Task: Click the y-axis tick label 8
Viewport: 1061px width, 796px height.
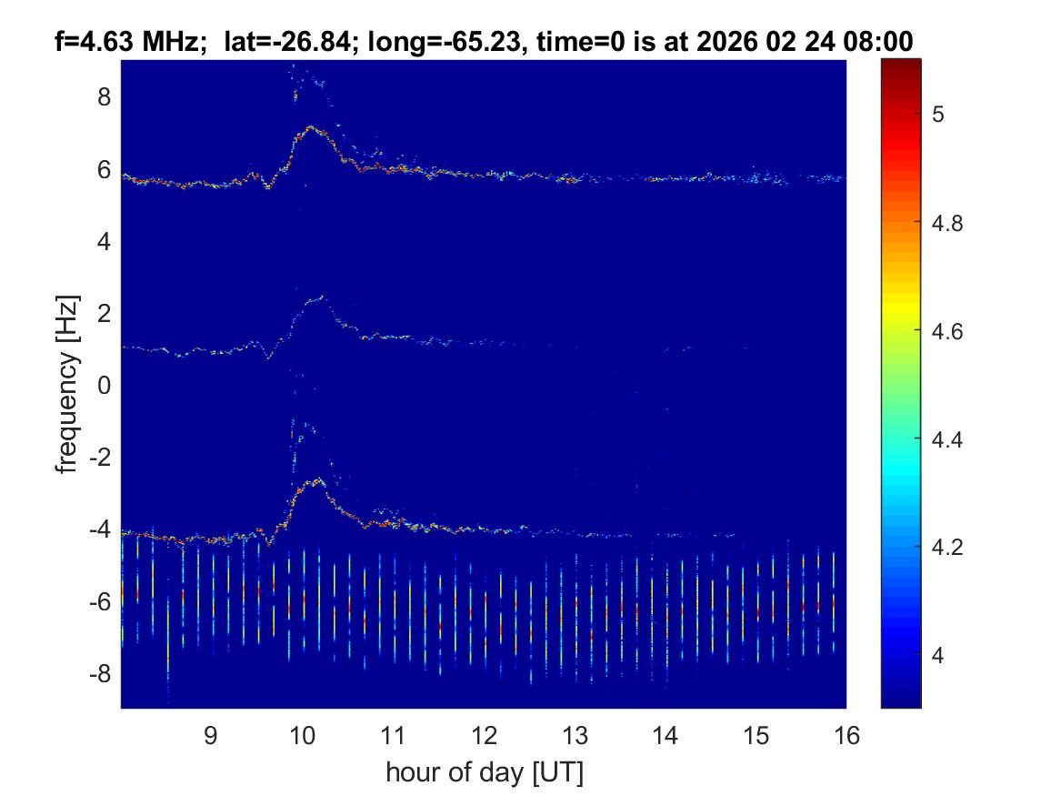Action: coord(105,96)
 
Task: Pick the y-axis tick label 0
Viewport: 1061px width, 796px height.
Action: coord(105,386)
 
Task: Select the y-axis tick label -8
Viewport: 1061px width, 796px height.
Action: coord(100,674)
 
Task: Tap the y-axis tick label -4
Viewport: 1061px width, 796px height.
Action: coord(100,529)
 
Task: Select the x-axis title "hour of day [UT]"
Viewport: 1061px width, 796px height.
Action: coord(484,773)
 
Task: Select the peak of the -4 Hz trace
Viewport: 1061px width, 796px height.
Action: coord(317,479)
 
